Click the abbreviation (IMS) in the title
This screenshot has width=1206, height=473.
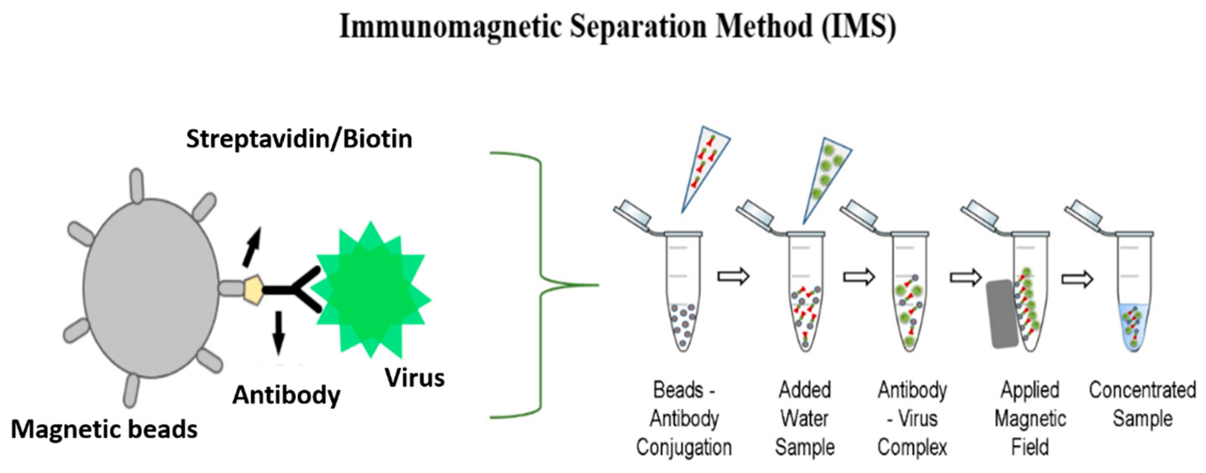(x=859, y=27)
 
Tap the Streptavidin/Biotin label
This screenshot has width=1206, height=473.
(x=299, y=139)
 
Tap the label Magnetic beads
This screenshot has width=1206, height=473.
(x=104, y=429)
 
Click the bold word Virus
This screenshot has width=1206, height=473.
(x=414, y=377)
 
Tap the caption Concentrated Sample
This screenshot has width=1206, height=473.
(x=1143, y=404)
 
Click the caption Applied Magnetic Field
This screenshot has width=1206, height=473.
(x=1030, y=418)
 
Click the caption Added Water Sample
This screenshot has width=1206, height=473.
(x=804, y=418)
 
